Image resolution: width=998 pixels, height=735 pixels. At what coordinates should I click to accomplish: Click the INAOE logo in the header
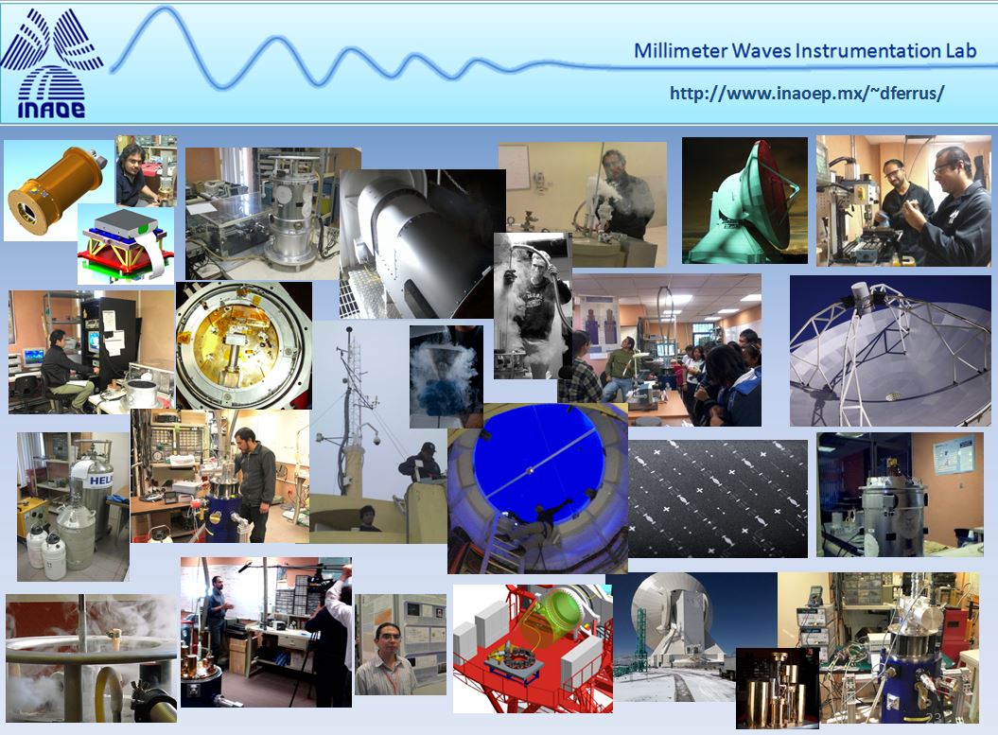point(52,63)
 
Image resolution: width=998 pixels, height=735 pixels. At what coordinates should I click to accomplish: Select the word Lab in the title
point(958,50)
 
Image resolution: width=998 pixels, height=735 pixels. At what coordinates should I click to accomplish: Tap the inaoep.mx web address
point(806,94)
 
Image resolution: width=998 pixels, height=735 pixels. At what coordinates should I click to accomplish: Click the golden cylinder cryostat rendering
point(56,189)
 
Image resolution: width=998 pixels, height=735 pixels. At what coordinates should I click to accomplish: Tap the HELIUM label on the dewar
point(100,480)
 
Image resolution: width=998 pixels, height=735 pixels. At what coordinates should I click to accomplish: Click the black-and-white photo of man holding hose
point(532,306)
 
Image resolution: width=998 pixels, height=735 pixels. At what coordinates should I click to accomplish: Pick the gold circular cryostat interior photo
point(244,345)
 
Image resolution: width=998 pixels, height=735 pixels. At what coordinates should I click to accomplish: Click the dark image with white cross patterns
point(717,499)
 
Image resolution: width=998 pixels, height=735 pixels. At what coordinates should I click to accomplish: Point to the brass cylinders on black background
point(777,689)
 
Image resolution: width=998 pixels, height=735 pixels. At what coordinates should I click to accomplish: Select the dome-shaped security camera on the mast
point(376,440)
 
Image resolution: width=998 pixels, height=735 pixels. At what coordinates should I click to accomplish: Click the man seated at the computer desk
point(65,371)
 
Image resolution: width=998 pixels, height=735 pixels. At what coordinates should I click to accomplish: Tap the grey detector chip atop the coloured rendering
point(125,222)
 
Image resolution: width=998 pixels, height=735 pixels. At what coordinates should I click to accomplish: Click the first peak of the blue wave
point(165,10)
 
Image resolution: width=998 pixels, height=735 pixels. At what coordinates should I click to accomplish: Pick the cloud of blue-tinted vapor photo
point(446,376)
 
